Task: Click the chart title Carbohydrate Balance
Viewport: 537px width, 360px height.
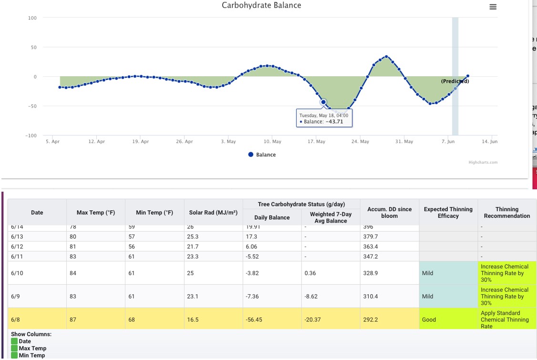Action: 261,5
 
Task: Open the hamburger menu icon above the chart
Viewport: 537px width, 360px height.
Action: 493,7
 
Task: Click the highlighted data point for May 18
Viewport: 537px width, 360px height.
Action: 323,102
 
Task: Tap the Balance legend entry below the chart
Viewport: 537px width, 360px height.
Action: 262,155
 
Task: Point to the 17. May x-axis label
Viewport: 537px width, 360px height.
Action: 316,142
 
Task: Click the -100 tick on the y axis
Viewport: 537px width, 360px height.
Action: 31,136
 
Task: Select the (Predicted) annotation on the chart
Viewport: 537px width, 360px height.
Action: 455,81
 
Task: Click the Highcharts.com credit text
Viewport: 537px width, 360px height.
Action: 483,162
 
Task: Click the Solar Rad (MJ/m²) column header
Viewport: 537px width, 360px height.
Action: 213,213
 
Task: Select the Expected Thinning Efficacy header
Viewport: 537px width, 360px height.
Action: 448,213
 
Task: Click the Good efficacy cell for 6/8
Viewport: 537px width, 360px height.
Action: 429,320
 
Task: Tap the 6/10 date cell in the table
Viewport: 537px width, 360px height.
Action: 16,273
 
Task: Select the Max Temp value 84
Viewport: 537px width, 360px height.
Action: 73,273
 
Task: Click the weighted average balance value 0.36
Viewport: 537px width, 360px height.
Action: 310,273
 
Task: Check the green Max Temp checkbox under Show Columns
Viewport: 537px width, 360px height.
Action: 14,349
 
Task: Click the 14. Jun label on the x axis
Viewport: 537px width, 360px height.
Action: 489,142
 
